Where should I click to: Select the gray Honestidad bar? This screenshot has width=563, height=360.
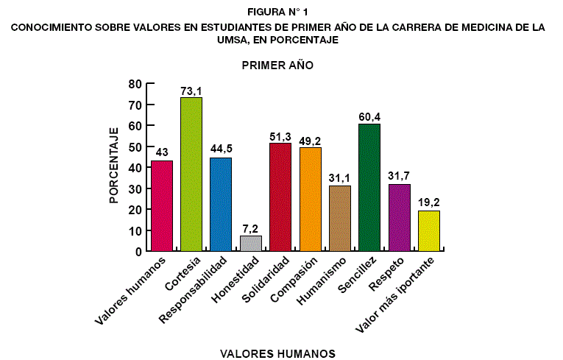tap(251, 243)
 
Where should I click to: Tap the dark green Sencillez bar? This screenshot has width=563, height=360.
tap(369, 188)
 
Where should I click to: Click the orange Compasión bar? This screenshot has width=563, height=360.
tap(311, 199)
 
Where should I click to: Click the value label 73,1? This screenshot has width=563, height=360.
tap(191, 91)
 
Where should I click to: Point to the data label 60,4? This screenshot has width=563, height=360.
tap(369, 118)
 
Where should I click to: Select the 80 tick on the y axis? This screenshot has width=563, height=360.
tap(135, 84)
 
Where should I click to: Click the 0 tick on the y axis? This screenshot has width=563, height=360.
tap(138, 251)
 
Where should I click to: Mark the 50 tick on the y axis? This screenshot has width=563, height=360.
tap(135, 147)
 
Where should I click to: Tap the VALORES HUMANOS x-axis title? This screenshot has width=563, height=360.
tap(277, 353)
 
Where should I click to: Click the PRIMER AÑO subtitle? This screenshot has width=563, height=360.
tap(277, 66)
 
